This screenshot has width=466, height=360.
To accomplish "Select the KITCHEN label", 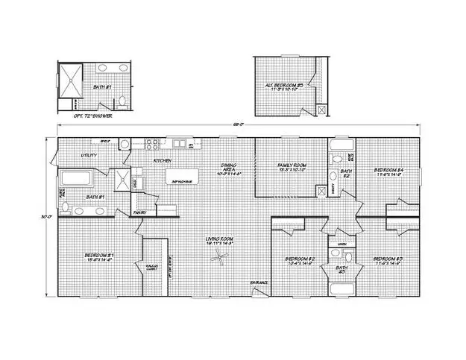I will (163, 160).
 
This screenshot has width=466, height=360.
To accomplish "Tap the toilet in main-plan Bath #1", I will (66, 207).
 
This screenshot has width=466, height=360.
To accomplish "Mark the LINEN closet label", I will (342, 243).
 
